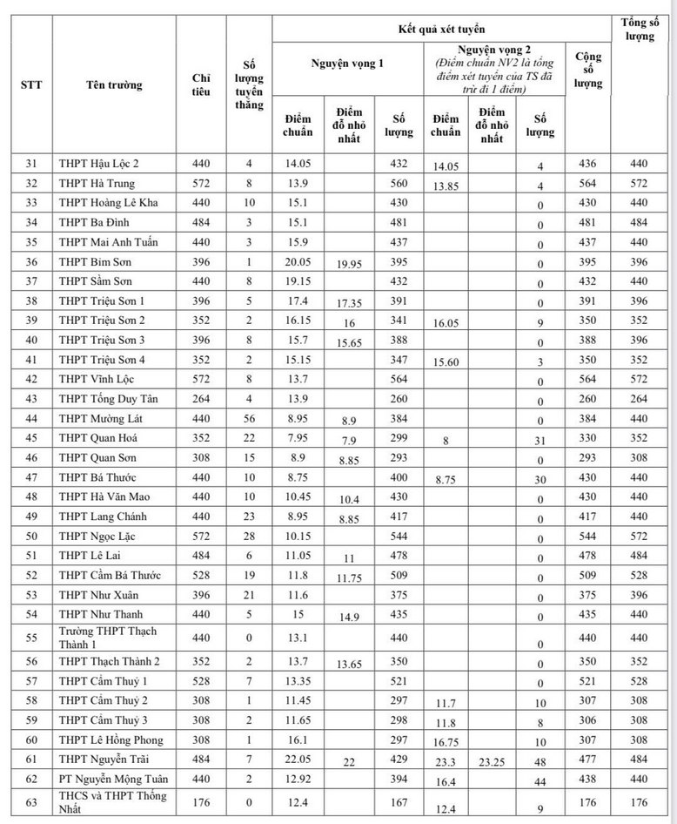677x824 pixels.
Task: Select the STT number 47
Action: [32, 477]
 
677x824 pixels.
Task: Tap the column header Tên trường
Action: [115, 84]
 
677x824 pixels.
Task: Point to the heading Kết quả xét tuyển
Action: [443, 29]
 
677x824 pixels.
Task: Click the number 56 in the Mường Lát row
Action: [249, 418]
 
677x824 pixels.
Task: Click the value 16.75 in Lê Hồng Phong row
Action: [445, 742]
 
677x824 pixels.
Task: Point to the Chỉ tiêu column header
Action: [201, 84]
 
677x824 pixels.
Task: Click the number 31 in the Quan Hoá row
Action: [540, 442]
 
